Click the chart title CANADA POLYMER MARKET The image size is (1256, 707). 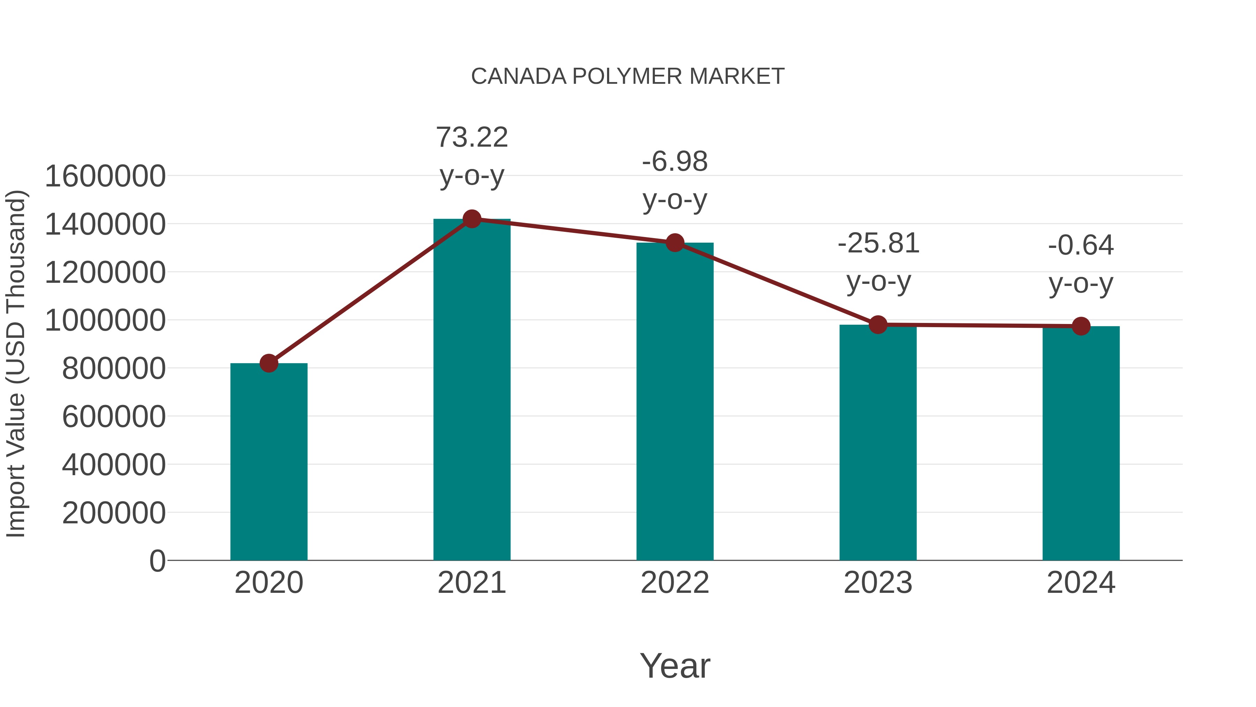(x=628, y=76)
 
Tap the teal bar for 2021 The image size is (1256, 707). (x=471, y=390)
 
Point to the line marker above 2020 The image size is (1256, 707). (x=269, y=363)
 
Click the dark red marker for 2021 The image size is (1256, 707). (x=471, y=219)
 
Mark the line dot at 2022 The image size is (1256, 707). (x=675, y=243)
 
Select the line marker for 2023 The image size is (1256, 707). (x=878, y=324)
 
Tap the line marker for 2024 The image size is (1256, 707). (x=1081, y=326)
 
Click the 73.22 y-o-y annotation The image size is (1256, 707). (x=471, y=156)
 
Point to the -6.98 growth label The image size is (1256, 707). (x=675, y=180)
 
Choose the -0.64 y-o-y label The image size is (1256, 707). (x=1081, y=264)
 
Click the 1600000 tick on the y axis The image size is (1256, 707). (x=105, y=176)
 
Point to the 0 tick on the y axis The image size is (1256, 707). (x=157, y=561)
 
